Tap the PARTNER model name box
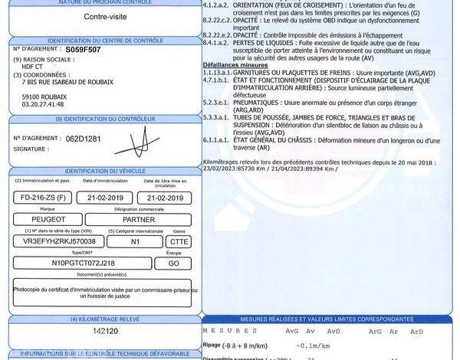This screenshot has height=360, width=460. tap(138, 219)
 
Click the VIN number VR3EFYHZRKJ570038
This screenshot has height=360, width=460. tap(60, 241)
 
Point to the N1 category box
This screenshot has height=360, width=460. tap(134, 241)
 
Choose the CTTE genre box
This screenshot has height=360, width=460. tap(178, 241)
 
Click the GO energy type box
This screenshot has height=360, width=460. tap(172, 263)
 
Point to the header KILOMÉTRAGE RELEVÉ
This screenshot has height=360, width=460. tap(104, 318)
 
